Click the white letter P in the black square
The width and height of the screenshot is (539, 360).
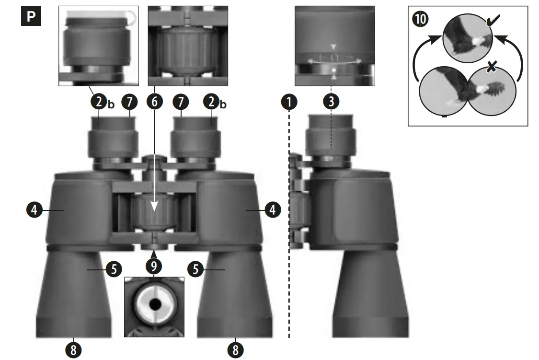point(31,16)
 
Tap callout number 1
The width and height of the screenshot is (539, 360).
point(289,102)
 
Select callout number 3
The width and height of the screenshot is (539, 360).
point(331,102)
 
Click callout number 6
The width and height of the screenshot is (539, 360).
point(154,102)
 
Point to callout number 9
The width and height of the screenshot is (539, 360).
point(154,265)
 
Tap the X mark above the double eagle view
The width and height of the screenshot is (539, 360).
point(491,68)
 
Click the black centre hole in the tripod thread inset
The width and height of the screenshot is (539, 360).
point(154,304)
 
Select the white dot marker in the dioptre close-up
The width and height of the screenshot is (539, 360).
point(334,70)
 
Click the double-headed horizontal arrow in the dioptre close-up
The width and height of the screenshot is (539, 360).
point(334,60)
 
